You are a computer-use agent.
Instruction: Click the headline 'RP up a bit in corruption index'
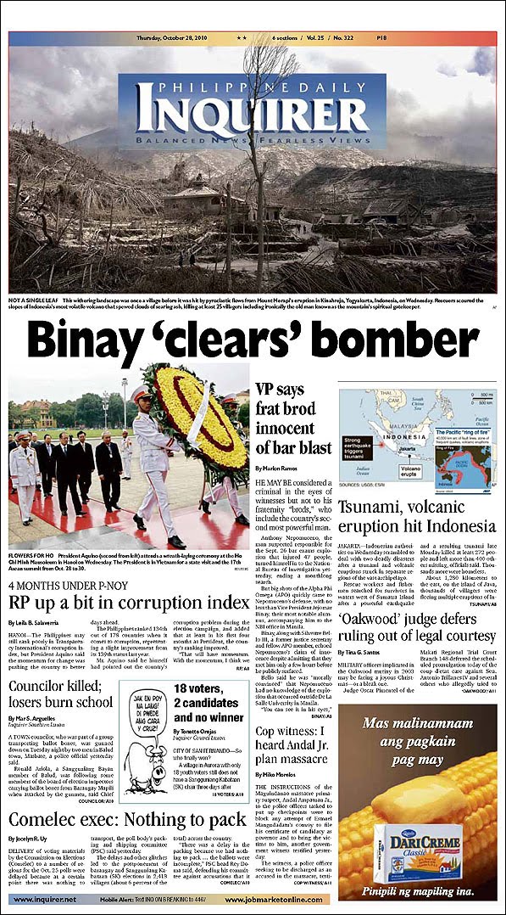129,603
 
